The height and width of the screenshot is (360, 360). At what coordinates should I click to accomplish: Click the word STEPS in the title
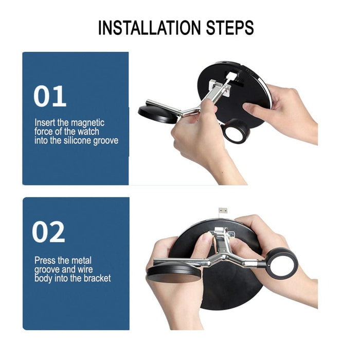point(230,28)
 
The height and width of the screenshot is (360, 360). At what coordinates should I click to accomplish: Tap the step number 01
point(50,96)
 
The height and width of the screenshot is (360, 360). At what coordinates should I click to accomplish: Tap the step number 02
point(48,231)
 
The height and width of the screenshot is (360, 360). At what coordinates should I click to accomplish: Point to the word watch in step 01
point(88,132)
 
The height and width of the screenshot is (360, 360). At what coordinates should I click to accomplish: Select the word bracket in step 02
point(97,278)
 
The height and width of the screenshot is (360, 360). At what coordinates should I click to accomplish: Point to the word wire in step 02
point(85,269)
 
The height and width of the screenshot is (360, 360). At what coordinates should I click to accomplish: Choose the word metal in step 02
point(81,261)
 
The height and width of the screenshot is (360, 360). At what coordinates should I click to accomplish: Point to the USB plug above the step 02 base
point(223,210)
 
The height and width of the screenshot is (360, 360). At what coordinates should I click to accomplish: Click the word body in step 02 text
point(43,279)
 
